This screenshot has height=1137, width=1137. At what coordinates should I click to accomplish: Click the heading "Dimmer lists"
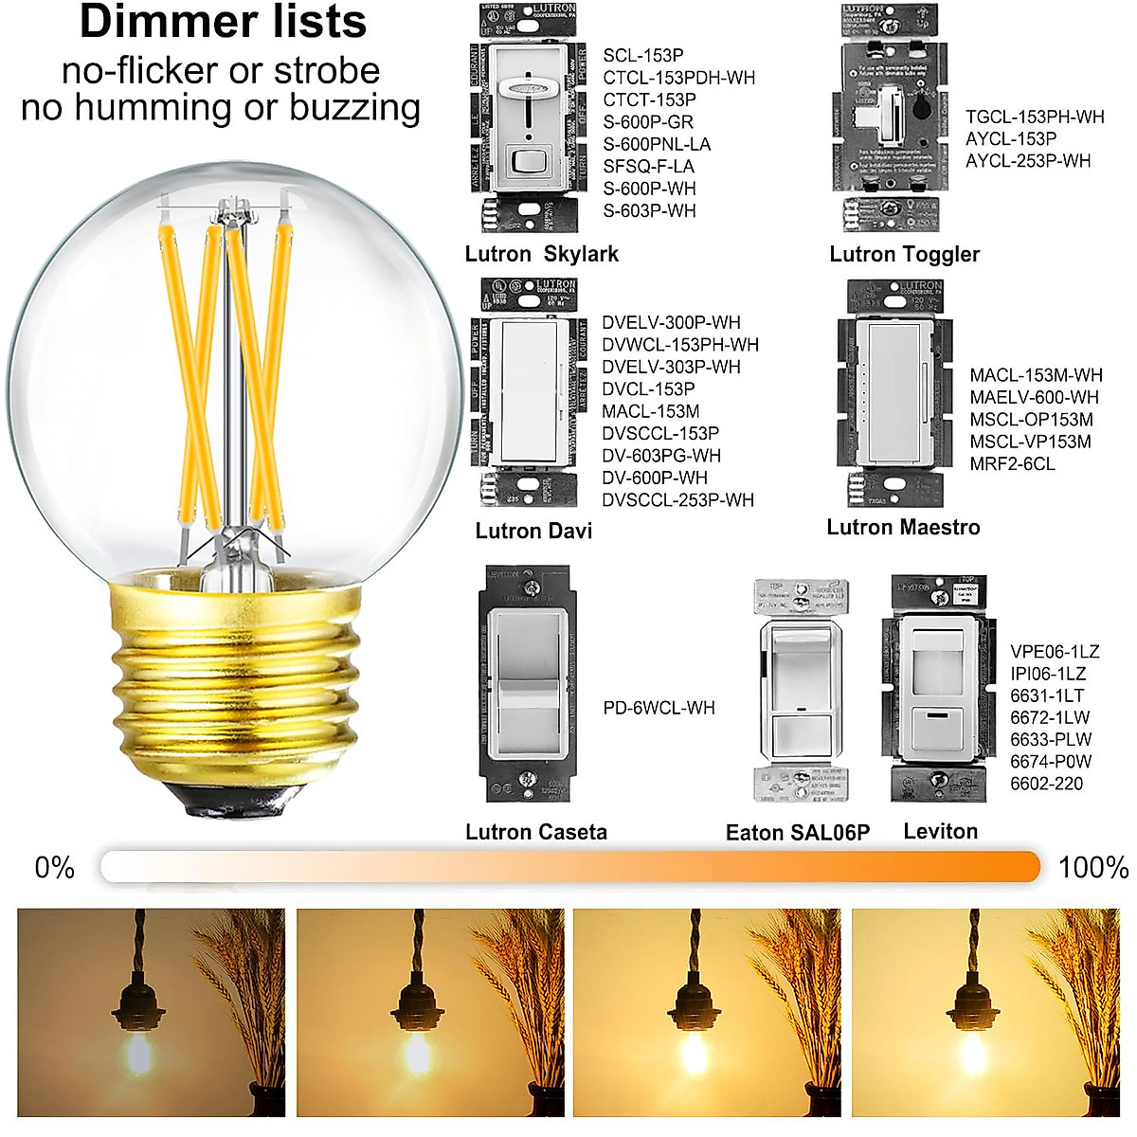223,23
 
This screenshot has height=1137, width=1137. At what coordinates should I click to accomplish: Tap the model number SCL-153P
642,55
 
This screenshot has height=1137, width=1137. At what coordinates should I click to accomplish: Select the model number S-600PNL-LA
657,144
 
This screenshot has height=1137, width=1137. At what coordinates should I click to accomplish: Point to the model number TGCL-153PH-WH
1035,117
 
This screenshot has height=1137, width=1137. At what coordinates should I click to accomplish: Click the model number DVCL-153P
648,388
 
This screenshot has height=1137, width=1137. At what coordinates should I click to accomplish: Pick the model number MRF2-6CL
1012,463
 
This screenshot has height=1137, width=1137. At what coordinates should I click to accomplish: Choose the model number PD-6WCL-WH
659,708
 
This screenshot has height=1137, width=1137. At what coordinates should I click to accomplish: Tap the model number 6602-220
1046,784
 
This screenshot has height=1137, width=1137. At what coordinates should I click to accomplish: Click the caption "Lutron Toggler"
904,254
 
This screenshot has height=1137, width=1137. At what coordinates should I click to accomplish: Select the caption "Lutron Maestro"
903,527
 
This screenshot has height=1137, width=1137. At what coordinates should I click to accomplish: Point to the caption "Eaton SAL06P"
797,833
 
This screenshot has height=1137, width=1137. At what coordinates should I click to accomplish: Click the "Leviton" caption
940,831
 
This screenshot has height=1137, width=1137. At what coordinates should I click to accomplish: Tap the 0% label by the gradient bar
54,867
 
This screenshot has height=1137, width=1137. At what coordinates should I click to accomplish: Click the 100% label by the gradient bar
1092,867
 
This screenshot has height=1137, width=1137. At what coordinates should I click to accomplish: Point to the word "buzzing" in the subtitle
355,107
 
